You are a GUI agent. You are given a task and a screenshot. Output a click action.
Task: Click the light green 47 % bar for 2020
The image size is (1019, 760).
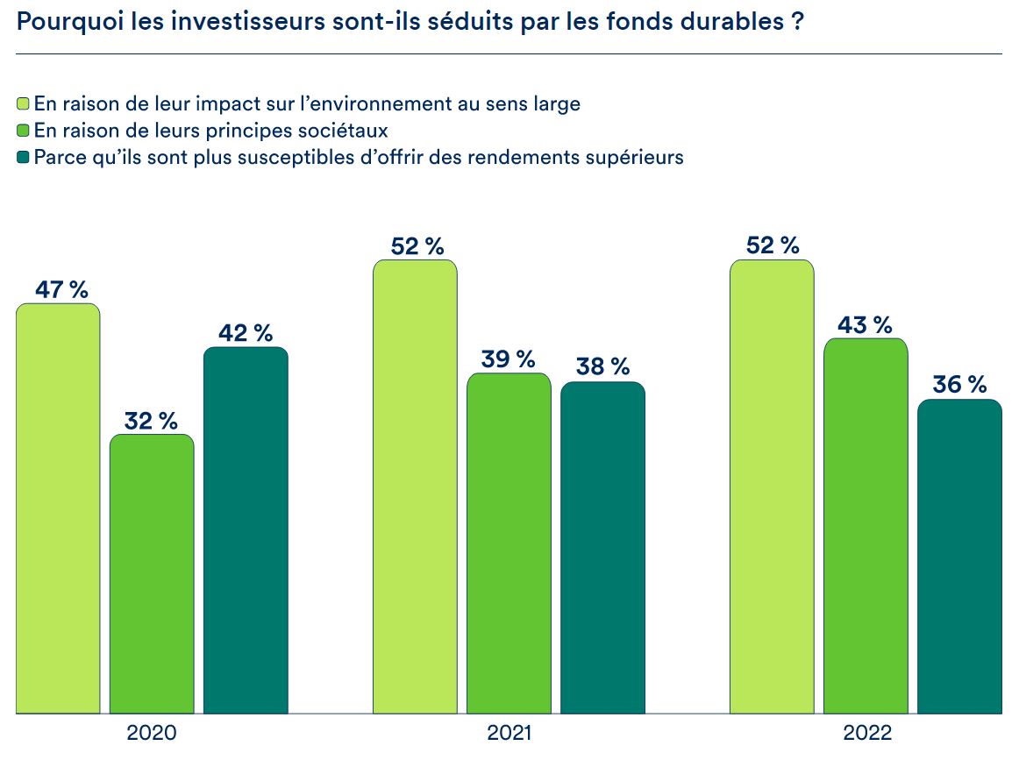coord(58,508)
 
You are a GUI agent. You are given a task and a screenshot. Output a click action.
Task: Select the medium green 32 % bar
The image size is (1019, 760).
coord(152,574)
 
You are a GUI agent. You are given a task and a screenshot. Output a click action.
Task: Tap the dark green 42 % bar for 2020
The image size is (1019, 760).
coord(246,530)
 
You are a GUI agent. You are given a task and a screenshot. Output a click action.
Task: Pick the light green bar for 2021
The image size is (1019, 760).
coord(415,487)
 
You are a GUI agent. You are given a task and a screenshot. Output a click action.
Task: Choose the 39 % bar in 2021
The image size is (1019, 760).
coord(509,543)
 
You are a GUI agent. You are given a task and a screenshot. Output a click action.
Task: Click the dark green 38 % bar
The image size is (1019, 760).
coord(602,548)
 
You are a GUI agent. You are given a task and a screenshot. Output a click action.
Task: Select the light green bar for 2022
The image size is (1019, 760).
coord(772,487)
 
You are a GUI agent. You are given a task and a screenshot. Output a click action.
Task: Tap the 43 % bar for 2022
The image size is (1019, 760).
coord(866,526)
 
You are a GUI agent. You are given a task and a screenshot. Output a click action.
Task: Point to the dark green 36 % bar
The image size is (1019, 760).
coord(959,557)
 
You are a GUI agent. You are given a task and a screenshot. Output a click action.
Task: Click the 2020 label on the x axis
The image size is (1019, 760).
coord(152,733)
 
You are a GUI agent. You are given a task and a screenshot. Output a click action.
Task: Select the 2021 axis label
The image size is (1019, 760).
coord(509,733)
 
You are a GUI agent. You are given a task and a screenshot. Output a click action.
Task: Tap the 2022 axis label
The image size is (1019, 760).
coord(866,733)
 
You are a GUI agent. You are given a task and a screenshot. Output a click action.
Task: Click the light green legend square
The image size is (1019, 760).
coord(24,104)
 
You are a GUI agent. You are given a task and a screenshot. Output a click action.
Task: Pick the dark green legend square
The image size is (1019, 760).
coord(24,159)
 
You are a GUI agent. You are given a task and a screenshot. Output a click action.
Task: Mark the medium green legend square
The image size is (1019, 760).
coord(24,131)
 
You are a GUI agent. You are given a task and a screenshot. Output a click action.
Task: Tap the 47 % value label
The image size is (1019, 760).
coord(61,290)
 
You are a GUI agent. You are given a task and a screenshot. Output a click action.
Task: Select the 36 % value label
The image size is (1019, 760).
coord(959,385)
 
